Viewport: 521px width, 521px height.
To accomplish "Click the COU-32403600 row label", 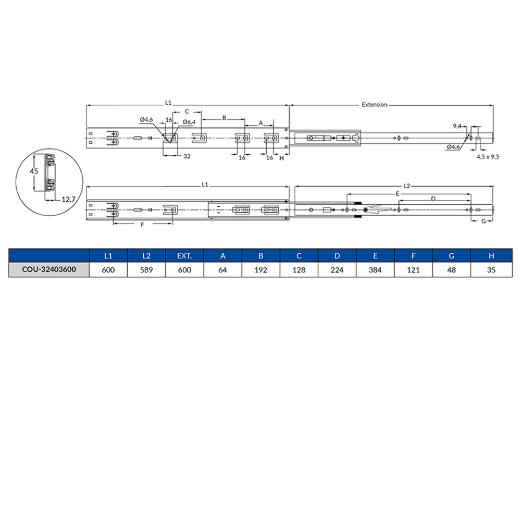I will (48, 270).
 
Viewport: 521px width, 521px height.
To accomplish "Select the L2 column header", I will (146, 256).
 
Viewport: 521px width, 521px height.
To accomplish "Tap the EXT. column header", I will (184, 256).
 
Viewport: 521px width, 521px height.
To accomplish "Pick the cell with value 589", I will (146, 270).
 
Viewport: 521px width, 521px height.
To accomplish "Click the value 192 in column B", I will (260, 270).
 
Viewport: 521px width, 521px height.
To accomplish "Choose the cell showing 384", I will (375, 270).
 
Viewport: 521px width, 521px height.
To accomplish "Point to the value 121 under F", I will (413, 270).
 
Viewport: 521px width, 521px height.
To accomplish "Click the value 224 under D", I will (337, 270).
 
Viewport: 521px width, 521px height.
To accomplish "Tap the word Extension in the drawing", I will (375, 105).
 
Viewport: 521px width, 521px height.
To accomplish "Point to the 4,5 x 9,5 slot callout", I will (488, 156).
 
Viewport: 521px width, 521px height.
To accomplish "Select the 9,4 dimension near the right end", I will (457, 126).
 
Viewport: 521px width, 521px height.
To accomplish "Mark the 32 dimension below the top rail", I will (186, 156).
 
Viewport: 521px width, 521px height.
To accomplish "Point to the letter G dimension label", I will (483, 221).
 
